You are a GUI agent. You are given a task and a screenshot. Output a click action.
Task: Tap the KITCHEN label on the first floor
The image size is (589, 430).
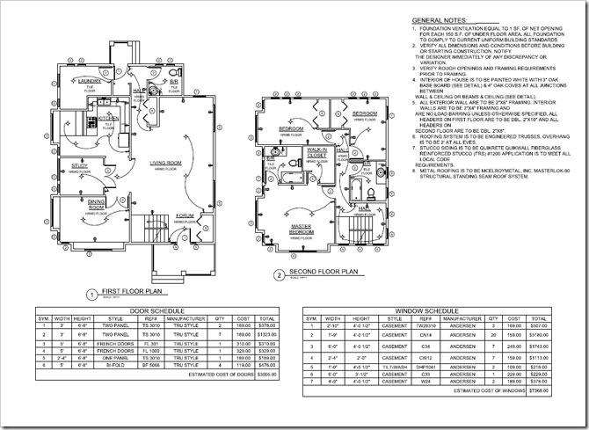click(96, 116)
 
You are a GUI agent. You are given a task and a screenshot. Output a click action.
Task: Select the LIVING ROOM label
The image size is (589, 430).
click(165, 163)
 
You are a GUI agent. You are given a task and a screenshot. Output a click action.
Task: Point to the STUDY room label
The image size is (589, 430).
click(79, 164)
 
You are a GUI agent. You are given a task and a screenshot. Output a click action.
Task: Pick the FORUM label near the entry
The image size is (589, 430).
click(185, 215)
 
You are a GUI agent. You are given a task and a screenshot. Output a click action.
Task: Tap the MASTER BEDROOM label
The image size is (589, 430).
click(302, 230)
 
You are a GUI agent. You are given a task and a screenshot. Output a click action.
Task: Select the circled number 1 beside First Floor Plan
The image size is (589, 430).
click(91, 295)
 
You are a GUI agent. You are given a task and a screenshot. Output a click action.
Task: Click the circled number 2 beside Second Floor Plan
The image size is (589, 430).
click(279, 274)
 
